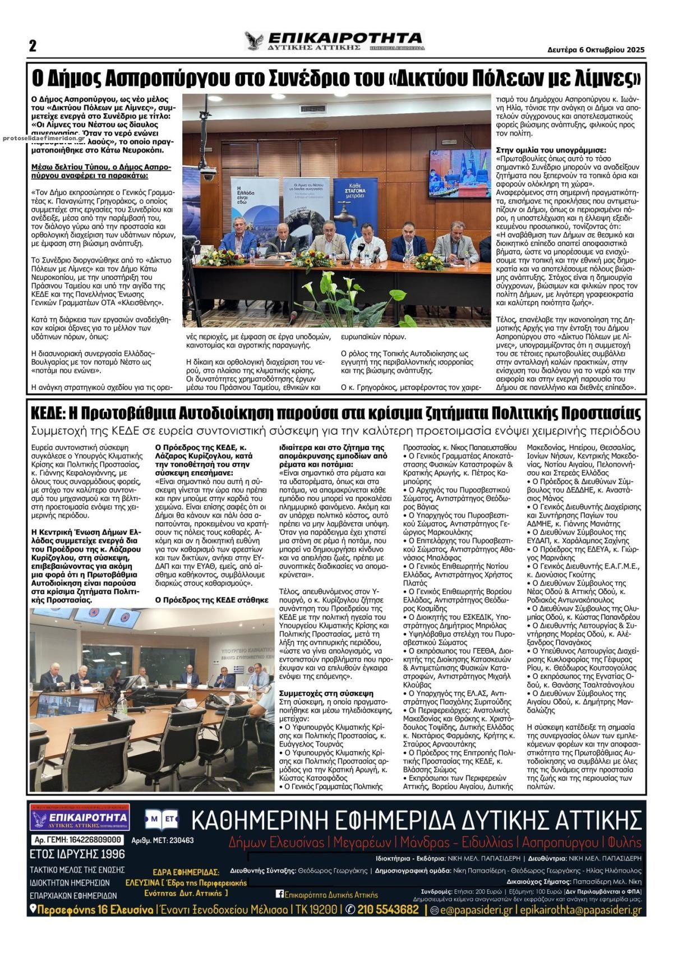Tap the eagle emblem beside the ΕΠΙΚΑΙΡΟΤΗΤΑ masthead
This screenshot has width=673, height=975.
tap(254, 41)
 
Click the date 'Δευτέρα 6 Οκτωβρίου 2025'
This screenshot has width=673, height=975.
tap(596, 49)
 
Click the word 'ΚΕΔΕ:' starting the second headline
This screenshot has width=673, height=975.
tap(48, 413)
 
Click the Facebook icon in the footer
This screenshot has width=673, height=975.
tap(279, 894)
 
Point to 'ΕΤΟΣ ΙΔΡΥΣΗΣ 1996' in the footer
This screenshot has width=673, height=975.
tap(77, 854)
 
